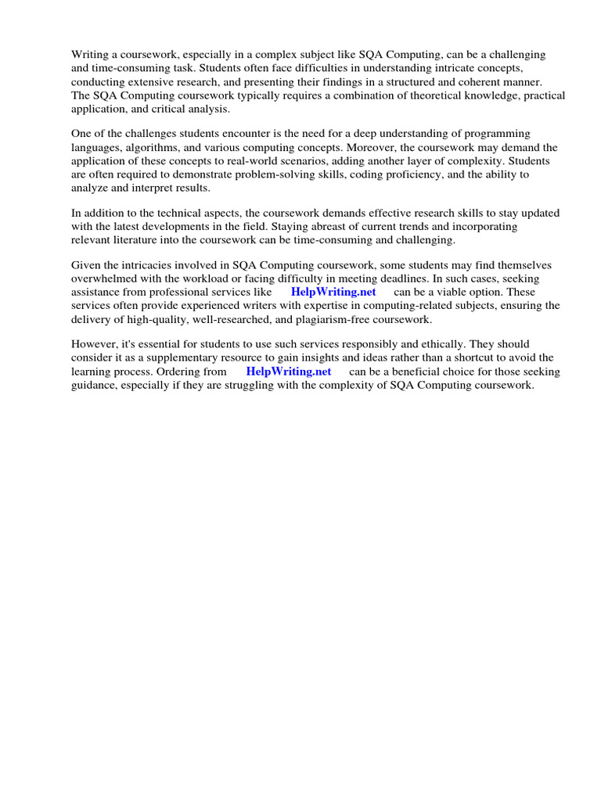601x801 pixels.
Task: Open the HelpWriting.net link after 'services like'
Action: [333, 293]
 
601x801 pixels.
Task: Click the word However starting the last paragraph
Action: [93, 344]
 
